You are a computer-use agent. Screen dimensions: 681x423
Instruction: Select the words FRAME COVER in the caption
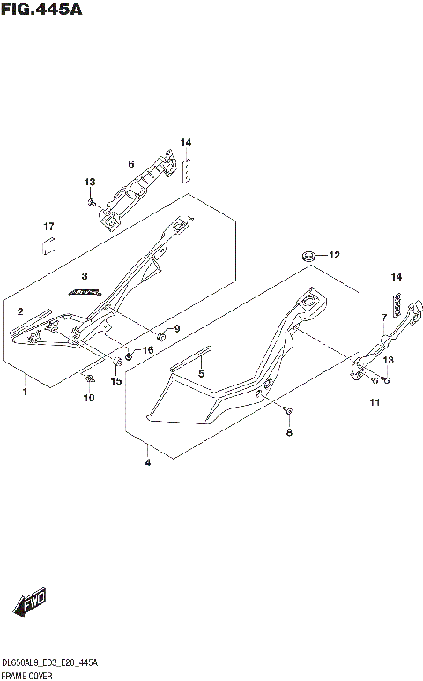pos(26,674)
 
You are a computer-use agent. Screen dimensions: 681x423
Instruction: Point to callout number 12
pos(334,255)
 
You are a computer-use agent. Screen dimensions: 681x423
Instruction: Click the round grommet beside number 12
pos(308,255)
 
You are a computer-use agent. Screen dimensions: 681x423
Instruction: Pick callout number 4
pos(147,461)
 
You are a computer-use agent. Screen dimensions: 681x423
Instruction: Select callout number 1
pos(25,391)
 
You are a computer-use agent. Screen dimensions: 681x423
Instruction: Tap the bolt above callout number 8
pos(288,410)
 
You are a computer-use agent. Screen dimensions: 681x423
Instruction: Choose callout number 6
pos(130,163)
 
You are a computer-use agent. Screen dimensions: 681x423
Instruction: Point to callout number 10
pos(88,399)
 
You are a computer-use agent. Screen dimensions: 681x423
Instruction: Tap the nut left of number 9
pos(160,336)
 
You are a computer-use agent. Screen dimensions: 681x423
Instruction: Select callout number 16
pos(147,350)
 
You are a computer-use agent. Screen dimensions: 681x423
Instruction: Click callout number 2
pos(19,311)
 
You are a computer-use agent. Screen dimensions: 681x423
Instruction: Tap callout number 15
pos(115,381)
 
